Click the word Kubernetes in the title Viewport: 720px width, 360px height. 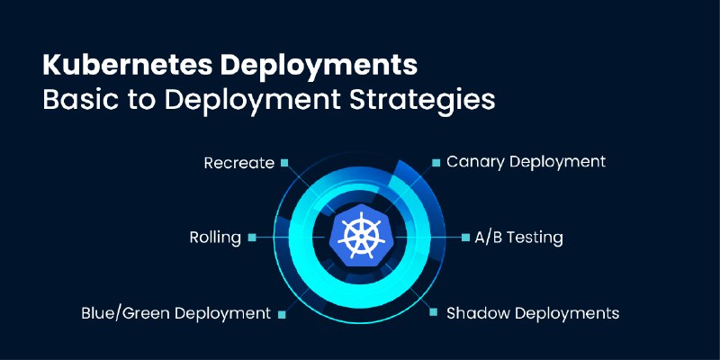[x=128, y=66]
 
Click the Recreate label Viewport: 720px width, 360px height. [x=239, y=163]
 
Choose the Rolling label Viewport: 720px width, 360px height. [x=215, y=238]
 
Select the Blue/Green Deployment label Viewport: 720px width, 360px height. [x=175, y=313]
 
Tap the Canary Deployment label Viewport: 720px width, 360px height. [x=526, y=162]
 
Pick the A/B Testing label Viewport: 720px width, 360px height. [x=519, y=238]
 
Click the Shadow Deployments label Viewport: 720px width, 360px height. [x=533, y=313]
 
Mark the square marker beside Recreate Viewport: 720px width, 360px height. [x=284, y=163]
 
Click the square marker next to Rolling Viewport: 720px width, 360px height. [x=252, y=238]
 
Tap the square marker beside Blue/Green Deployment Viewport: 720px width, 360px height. [x=282, y=314]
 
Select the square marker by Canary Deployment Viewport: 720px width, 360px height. [x=436, y=163]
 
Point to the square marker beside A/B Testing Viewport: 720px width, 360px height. [x=465, y=238]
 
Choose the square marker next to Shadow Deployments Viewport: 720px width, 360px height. [x=434, y=312]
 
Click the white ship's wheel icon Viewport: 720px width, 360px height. [x=361, y=235]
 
